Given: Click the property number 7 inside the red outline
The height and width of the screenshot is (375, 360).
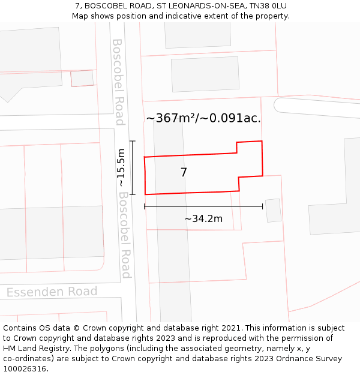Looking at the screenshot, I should point(184,173).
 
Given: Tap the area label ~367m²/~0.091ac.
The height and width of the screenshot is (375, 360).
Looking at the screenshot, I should point(203,118).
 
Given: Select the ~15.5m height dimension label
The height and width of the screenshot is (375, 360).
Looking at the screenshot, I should point(121,167).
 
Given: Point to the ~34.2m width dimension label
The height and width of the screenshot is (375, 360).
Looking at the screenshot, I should point(203,219).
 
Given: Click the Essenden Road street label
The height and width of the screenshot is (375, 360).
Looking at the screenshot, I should point(52,292).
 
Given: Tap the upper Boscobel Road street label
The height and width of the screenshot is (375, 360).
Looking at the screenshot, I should point(118,82).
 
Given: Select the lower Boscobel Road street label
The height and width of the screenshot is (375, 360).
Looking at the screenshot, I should point(124,235).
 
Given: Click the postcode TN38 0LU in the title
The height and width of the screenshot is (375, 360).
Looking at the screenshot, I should point(264,6).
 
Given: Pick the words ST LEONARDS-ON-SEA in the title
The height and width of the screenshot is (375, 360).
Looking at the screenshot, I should point(195,6).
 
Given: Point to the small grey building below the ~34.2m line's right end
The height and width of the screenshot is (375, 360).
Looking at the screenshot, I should point(273,211).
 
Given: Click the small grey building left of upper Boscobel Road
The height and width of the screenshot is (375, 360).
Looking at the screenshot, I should point(82,79).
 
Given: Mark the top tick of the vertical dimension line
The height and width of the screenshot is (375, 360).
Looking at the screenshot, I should point(133,142).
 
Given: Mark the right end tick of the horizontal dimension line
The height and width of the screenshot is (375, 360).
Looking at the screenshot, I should point(263,206).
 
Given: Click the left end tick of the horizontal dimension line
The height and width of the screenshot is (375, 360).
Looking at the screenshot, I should point(145,206).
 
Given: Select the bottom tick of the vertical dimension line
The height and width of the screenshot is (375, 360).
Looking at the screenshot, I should point(133,194).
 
